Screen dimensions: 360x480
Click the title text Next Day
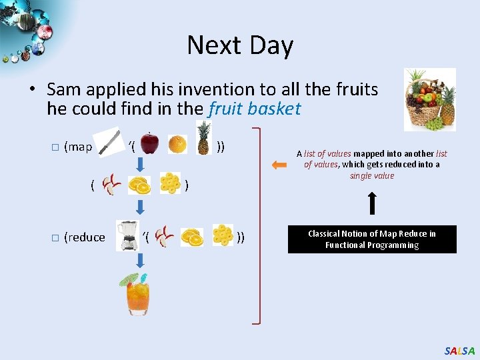tap(240, 45)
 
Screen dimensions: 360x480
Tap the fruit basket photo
tap(430, 99)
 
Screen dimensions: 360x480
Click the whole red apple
tap(150, 142)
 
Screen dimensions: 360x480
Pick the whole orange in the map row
tap(177, 144)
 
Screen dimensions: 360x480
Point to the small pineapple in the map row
tap(203, 137)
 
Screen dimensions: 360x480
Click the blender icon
tap(126, 236)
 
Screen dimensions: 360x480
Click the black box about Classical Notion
tap(372, 239)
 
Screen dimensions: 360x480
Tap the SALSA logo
tap(459, 351)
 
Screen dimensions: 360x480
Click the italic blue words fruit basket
tap(255, 109)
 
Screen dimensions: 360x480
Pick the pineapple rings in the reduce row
tap(222, 235)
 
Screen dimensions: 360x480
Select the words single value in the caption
tap(372, 176)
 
